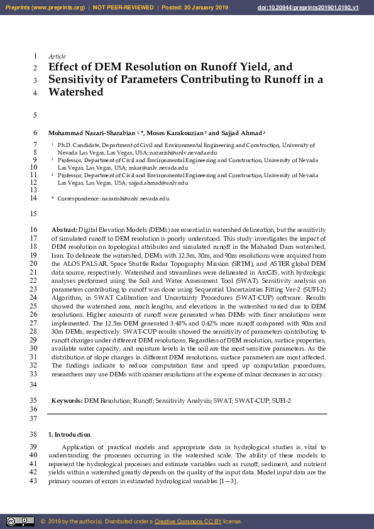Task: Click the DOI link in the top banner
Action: [317, 7]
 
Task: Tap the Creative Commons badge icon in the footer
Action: [20, 521]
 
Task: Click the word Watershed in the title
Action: [75, 92]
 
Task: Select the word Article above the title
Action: [57, 57]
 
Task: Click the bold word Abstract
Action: [64, 231]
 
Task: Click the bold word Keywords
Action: [66, 400]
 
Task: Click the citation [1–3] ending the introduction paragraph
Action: [228, 481]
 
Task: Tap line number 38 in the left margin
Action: [33, 435]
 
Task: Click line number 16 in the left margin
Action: [33, 231]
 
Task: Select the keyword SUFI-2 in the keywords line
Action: [278, 400]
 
